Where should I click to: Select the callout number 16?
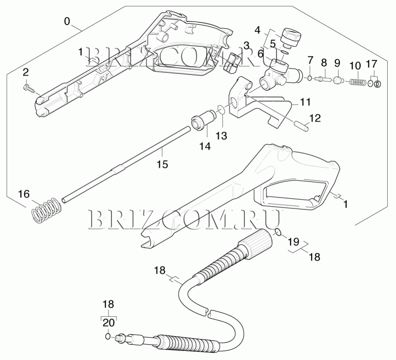pyautogui.click(x=24, y=194)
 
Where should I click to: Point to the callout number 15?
pyautogui.click(x=162, y=164)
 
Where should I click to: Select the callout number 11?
pyautogui.click(x=305, y=102)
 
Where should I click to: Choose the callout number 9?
pyautogui.click(x=337, y=63)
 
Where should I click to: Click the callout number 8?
pyautogui.click(x=324, y=63)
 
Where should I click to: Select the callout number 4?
pyautogui.click(x=258, y=30)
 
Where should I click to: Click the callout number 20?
pyautogui.click(x=108, y=322)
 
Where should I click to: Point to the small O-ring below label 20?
pyautogui.click(x=108, y=337)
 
